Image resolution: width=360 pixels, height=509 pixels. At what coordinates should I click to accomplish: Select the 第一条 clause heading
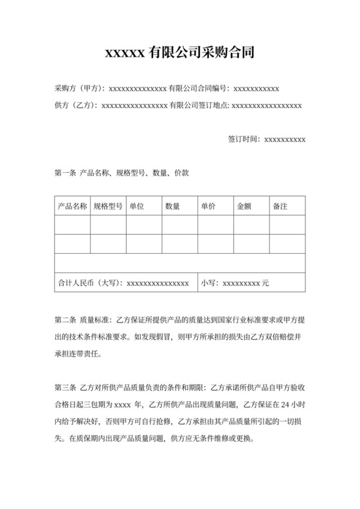coord(66,173)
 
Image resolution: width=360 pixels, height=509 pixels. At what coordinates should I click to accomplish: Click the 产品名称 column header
coord(72,207)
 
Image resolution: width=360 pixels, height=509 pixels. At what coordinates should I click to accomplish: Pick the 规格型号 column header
coord(108,207)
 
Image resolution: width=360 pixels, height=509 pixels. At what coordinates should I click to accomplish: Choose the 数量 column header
coord(172,207)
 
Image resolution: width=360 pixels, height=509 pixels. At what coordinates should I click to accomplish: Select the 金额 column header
coord(244,207)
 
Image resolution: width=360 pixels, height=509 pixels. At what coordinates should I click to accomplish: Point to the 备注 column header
coord(280,207)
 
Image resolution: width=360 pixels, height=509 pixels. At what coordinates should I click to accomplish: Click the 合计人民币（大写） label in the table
coord(90,283)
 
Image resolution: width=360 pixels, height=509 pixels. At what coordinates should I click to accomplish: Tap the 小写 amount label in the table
coord(210,283)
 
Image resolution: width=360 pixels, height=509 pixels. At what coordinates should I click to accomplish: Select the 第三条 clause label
coord(66,388)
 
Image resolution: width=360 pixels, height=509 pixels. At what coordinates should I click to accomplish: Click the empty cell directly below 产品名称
coord(72,226)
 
